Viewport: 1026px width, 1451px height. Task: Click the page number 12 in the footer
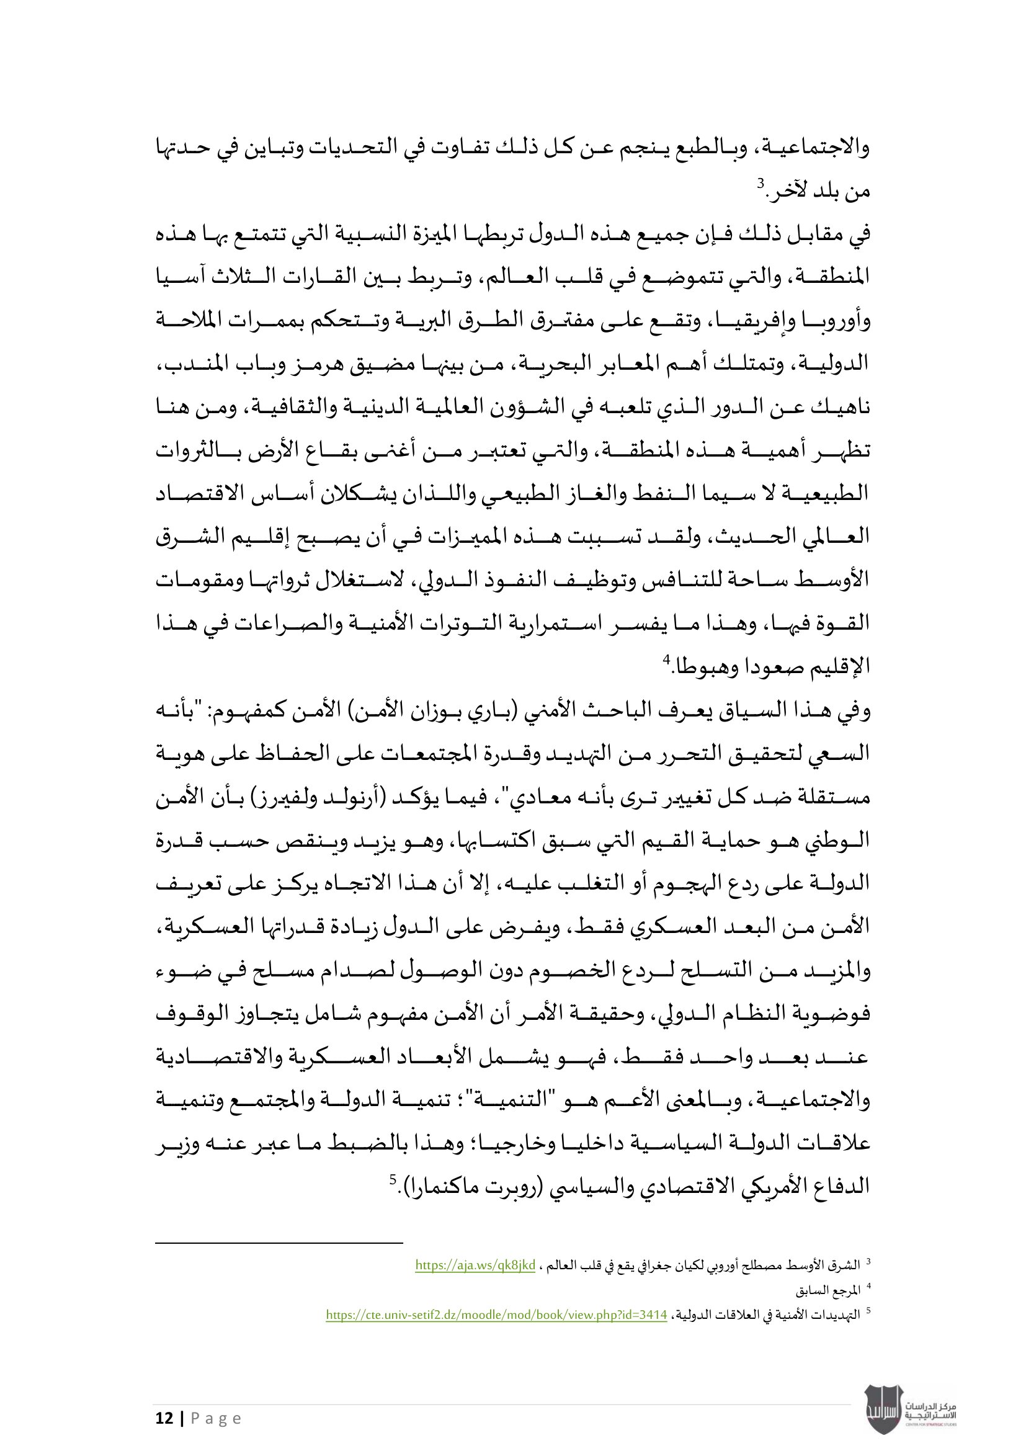point(164,1418)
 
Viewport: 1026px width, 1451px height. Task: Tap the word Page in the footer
point(216,1419)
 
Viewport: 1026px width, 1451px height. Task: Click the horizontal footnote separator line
point(279,1243)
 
